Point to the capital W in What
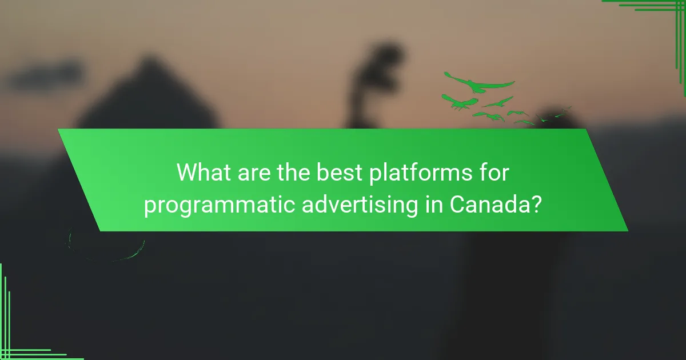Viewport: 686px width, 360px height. (188, 172)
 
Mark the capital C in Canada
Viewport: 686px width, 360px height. (457, 205)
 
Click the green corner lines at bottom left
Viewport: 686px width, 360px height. (17, 337)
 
